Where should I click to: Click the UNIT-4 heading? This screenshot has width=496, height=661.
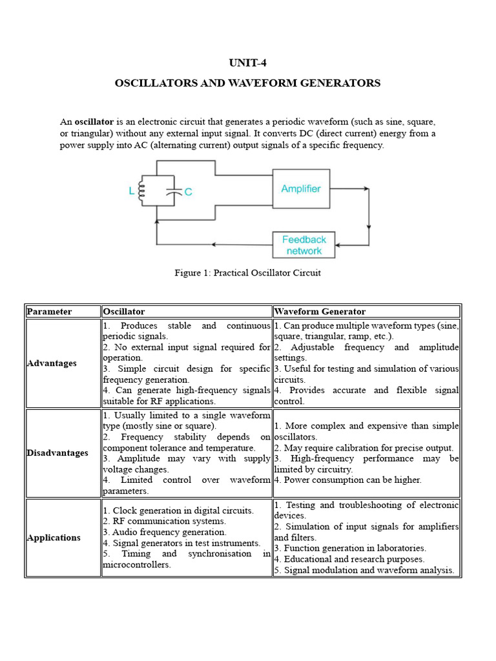click(x=247, y=63)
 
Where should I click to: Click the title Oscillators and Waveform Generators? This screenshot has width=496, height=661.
click(x=247, y=83)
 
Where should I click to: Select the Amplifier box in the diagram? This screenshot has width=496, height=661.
click(x=300, y=188)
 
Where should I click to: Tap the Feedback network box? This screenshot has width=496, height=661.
click(x=304, y=245)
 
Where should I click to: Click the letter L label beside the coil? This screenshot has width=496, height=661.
click(x=132, y=191)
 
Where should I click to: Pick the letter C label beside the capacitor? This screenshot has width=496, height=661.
click(x=188, y=192)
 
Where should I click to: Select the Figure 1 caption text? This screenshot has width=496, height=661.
click(x=247, y=272)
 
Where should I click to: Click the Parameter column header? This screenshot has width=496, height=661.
click(x=49, y=312)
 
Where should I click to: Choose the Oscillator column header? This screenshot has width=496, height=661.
click(x=124, y=312)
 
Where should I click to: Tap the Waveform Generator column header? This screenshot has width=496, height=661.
click(x=320, y=312)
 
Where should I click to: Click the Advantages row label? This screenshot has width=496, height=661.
click(x=52, y=363)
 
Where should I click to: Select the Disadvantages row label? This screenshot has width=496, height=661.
click(x=57, y=453)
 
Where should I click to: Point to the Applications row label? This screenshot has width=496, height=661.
click(x=54, y=538)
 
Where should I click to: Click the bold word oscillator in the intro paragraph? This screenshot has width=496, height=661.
click(x=94, y=122)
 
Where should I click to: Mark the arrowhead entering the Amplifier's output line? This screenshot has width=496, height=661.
click(x=367, y=189)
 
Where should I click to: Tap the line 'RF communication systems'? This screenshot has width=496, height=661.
click(x=165, y=521)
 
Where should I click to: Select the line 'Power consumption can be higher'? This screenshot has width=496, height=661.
click(x=347, y=480)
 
